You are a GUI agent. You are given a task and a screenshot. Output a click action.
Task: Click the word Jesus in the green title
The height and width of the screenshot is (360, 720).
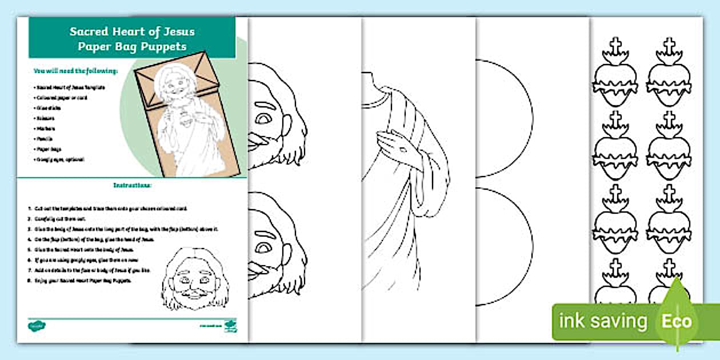point(174,32)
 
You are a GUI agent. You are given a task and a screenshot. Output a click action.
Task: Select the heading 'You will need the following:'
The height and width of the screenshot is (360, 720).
point(75,71)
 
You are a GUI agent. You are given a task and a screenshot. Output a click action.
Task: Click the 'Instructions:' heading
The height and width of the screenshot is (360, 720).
point(132,186)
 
